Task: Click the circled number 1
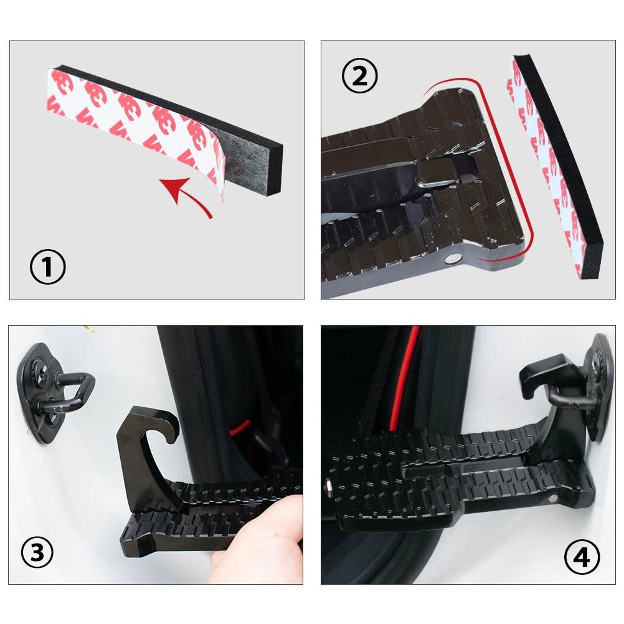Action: (x=48, y=268)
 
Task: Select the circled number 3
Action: (x=37, y=552)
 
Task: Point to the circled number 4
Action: (x=582, y=556)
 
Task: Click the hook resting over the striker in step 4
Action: (x=548, y=377)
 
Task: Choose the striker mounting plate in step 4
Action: (x=598, y=386)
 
